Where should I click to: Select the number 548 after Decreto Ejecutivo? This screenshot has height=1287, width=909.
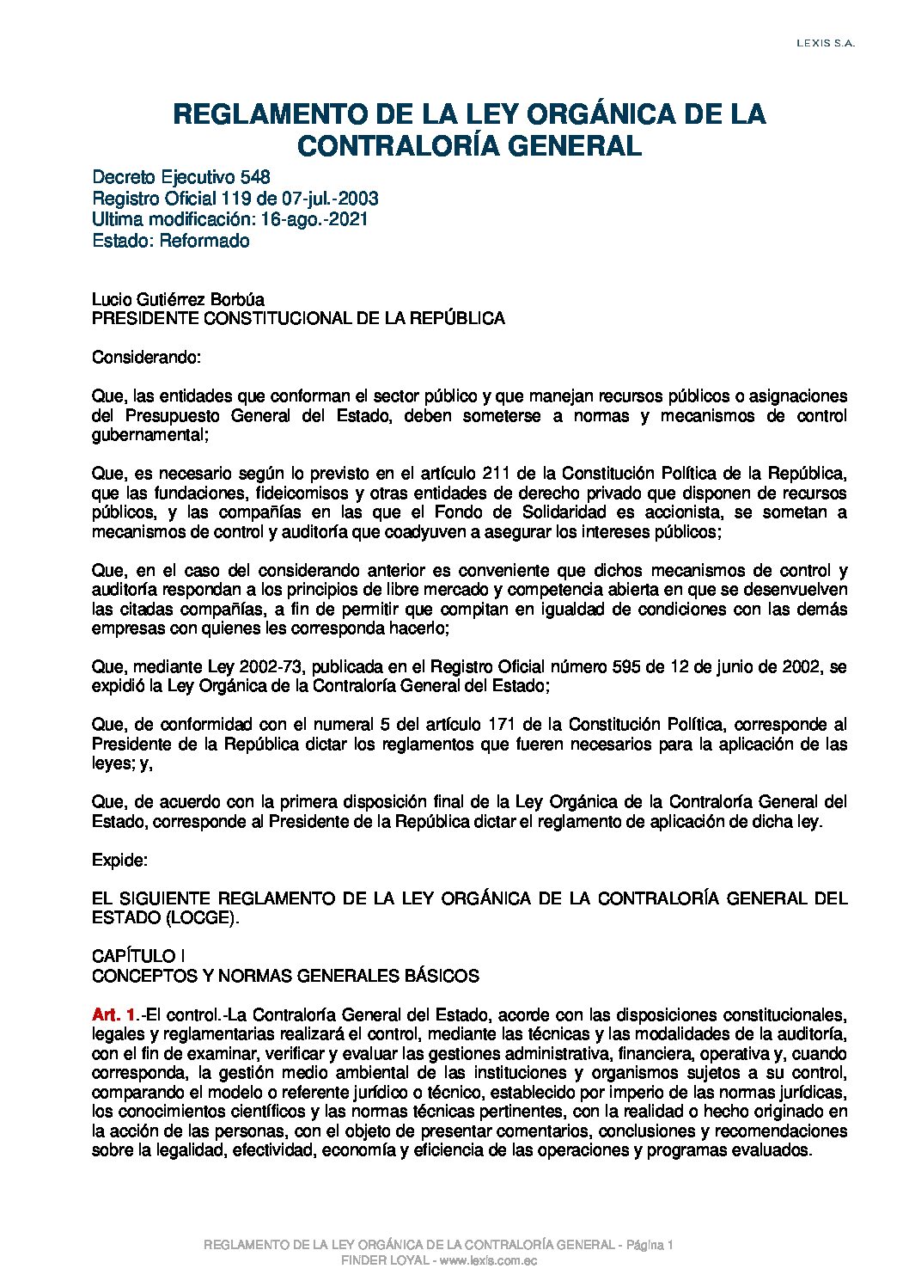(256, 177)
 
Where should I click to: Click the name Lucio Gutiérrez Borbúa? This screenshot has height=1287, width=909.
(178, 299)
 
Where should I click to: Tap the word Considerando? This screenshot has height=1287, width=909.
(146, 357)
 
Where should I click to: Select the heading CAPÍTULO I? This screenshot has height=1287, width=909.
(139, 957)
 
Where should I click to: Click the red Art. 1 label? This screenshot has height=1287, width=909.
(113, 1014)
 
